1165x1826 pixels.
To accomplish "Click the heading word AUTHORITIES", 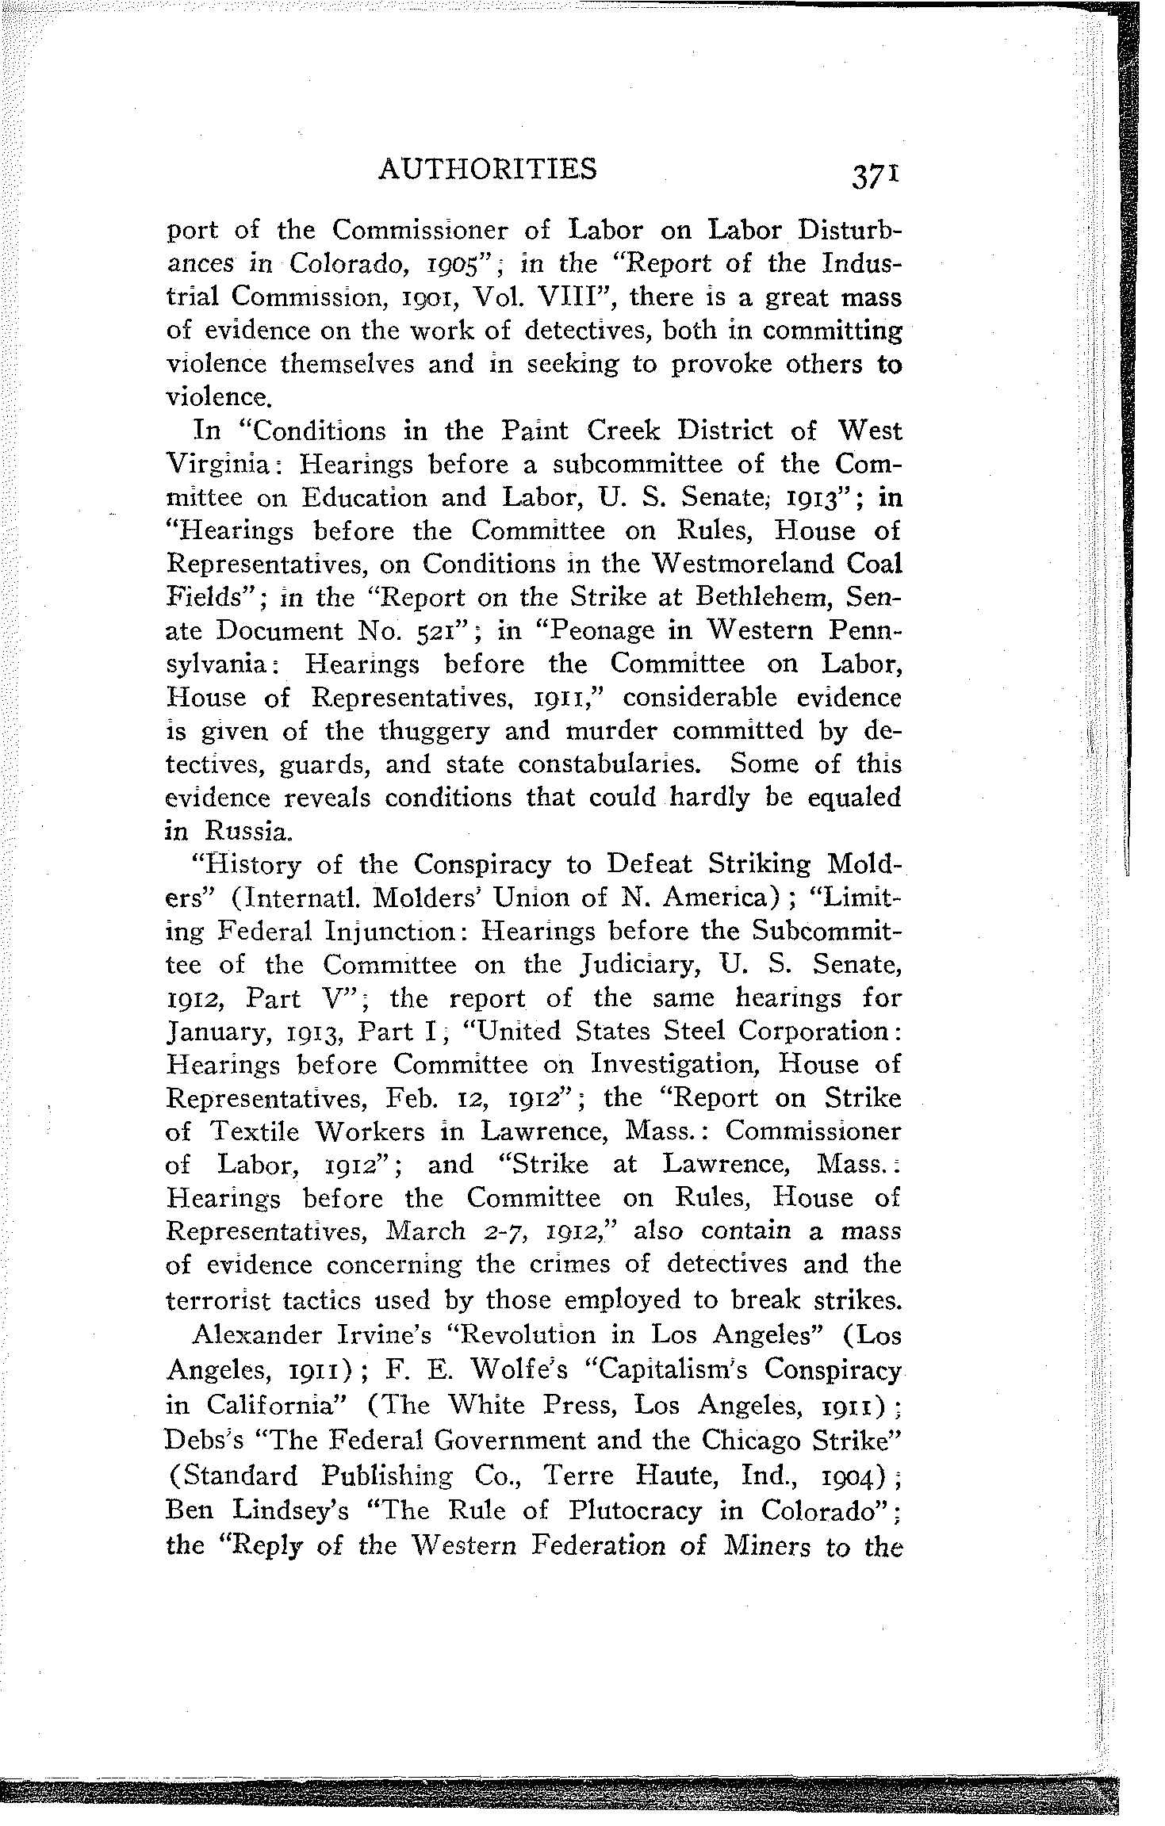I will coord(488,169).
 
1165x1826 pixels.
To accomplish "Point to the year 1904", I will coord(850,1476).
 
